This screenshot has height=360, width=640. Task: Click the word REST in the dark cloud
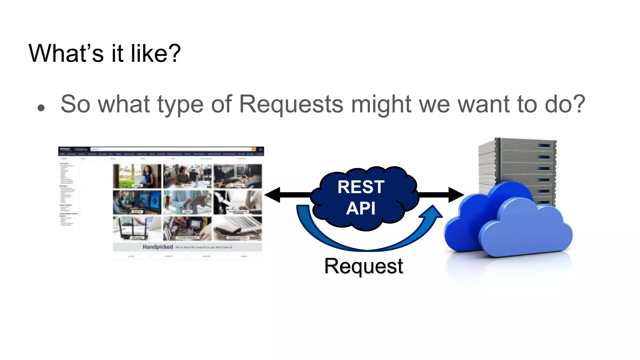pyautogui.click(x=361, y=187)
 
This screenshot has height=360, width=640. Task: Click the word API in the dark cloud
pyautogui.click(x=361, y=208)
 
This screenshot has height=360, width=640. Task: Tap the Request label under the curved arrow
pyautogui.click(x=363, y=266)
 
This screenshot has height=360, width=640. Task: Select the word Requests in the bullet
pyautogui.click(x=291, y=104)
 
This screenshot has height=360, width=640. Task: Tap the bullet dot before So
pyautogui.click(x=41, y=108)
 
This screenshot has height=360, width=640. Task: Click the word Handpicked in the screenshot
pyautogui.click(x=157, y=247)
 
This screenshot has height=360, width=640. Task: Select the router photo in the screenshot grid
pyautogui.click(x=137, y=228)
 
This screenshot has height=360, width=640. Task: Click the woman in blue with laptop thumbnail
pyautogui.click(x=137, y=176)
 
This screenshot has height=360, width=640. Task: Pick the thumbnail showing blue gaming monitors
pyautogui.click(x=137, y=202)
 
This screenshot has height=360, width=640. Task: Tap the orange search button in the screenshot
pyautogui.click(x=254, y=149)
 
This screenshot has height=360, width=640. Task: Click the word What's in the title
pyautogui.click(x=66, y=53)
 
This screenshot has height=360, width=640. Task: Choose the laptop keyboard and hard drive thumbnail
pyautogui.click(x=237, y=228)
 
